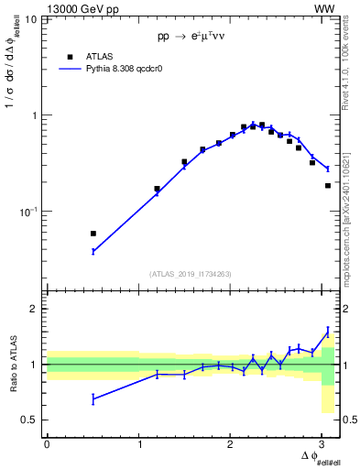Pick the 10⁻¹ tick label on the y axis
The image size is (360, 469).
click(x=28, y=212)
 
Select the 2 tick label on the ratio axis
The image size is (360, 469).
click(x=35, y=309)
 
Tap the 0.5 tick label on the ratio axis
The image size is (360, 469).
click(x=30, y=420)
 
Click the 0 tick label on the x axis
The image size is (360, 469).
click(x=47, y=443)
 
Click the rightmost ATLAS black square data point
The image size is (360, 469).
click(x=328, y=186)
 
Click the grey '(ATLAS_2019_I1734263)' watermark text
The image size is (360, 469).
click(x=191, y=273)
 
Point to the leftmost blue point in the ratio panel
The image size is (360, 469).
click(x=93, y=398)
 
